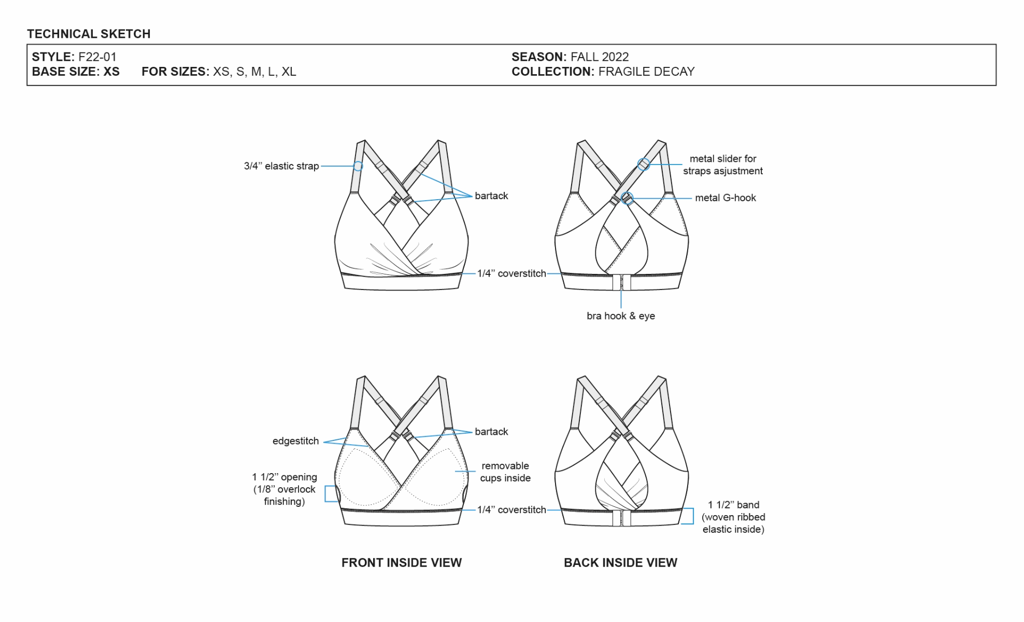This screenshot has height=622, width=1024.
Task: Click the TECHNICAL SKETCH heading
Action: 89,34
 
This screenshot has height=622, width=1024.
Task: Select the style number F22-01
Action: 97,57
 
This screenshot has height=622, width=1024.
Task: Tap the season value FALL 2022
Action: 600,57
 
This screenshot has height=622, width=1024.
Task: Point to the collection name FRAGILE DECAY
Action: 646,72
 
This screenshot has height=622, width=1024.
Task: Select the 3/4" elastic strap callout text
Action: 281,166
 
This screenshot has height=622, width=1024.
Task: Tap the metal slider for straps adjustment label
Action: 723,164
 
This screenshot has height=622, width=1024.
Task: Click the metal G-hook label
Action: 726,198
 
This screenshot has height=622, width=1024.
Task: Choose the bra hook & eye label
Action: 621,316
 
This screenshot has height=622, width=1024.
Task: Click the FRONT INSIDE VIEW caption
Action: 402,562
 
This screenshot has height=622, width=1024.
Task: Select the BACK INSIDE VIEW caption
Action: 620,562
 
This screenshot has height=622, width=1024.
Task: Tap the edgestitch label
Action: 295,441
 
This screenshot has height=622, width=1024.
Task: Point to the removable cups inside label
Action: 505,472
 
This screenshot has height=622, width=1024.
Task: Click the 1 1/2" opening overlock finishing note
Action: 285,489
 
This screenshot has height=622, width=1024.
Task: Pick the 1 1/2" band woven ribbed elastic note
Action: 733,517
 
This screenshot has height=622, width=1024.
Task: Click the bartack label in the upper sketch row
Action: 491,196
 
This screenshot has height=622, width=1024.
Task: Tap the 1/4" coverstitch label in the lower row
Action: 511,510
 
